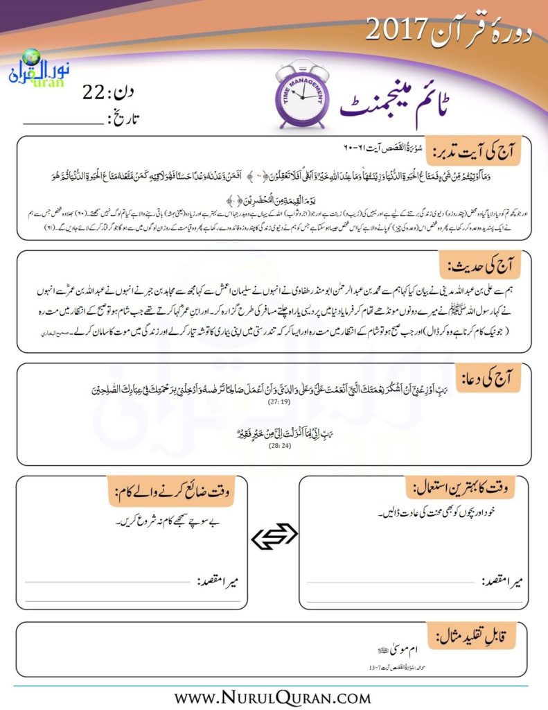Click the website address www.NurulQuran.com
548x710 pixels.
(x=274, y=695)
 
